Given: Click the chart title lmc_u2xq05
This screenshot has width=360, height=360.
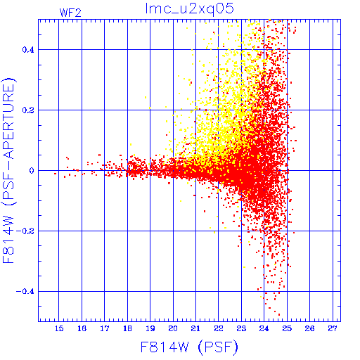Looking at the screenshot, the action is [x=189, y=9].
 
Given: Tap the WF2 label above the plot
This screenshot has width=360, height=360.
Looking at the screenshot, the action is [x=70, y=13].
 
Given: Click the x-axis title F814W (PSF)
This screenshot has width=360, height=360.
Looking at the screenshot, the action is [x=189, y=347].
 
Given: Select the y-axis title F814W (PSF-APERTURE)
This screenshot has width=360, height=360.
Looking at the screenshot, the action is [x=9, y=170].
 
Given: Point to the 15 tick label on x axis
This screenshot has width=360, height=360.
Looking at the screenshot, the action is [x=59, y=328].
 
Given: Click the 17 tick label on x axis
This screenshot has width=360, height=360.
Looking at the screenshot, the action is [x=105, y=328].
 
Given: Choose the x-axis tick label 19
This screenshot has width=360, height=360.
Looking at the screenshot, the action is [x=150, y=328].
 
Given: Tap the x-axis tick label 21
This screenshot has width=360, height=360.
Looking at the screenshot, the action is [x=195, y=328].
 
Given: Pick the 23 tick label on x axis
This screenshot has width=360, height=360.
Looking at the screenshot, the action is [x=241, y=328].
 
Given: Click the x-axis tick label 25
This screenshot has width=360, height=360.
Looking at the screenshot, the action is [x=287, y=328].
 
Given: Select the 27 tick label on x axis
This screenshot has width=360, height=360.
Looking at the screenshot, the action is [x=333, y=328].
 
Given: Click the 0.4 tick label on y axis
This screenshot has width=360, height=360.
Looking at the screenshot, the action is [x=28, y=50].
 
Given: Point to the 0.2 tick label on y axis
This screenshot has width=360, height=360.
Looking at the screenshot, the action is [x=28, y=110].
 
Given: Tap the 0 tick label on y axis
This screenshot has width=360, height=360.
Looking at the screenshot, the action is [x=32, y=171].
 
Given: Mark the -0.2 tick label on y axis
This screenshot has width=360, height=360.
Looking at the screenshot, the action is [x=25, y=231].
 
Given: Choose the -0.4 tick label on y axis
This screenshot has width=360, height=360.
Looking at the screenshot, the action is [x=25, y=292].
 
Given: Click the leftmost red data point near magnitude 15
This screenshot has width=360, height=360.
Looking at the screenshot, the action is [x=55, y=174].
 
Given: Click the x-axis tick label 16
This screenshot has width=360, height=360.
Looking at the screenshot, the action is [x=82, y=328].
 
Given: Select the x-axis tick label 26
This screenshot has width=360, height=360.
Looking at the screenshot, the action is [x=309, y=328].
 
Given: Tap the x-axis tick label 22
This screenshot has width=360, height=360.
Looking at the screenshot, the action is [x=219, y=328].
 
